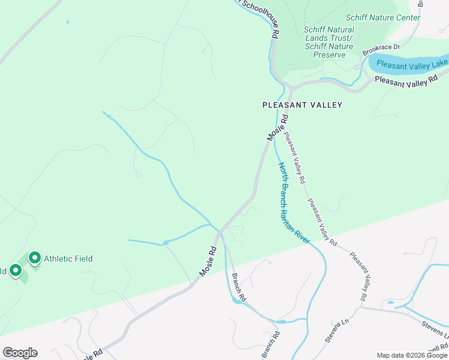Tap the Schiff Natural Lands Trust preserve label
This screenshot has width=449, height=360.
coord(328,42)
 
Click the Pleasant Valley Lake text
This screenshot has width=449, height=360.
coord(412,64)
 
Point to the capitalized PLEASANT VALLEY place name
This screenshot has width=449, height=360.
coord(303,105)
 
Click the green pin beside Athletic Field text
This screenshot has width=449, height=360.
coord(34,258)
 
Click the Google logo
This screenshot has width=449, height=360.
coord(20,353)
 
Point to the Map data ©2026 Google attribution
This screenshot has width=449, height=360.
coord(412,355)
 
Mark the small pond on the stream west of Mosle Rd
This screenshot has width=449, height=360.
coord(165,243)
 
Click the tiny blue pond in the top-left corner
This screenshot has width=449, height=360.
coord(67,22)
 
